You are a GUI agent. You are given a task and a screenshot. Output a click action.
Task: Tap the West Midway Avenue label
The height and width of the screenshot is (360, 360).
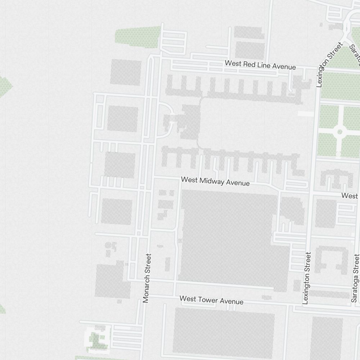pos(215,181)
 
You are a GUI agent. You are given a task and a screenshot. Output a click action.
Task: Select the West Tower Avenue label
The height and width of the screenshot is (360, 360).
pos(211,300)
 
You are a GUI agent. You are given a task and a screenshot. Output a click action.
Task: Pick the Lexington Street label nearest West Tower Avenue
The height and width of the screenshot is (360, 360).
pos(307,278)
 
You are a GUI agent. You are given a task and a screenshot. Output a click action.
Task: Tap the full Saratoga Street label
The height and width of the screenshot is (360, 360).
pos(355,278)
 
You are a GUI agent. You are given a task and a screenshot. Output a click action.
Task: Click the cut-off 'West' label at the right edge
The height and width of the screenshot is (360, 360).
pos(350,196)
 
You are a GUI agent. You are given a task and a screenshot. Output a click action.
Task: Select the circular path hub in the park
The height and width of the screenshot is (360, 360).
pos(339,131)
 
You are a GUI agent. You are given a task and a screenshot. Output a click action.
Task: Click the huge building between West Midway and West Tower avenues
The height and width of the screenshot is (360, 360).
pos(230,238)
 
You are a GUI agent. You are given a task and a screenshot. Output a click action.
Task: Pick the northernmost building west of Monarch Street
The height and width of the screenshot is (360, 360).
pos(126,72)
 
